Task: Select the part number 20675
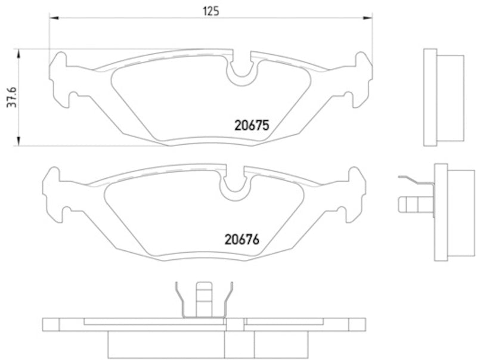tap(251, 126)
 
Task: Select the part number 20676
tap(244, 241)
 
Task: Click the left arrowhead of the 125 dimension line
tap(52, 20)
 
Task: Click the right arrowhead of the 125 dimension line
tap(370, 20)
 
